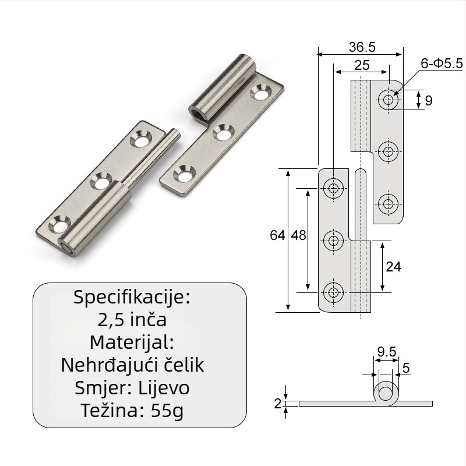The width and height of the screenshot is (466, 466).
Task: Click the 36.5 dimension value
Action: [x=362, y=47]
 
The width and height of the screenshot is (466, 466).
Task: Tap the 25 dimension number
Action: [x=362, y=65]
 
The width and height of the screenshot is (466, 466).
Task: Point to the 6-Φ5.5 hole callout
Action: [x=442, y=63]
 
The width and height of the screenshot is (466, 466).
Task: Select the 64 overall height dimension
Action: [x=277, y=235]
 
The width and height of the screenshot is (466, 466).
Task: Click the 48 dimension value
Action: [x=298, y=235]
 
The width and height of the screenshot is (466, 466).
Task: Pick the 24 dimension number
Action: [x=393, y=267]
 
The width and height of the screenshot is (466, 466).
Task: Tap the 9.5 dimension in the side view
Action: [x=387, y=352]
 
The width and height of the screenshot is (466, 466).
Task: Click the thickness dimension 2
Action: [x=278, y=404]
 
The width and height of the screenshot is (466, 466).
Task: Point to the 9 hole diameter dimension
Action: [x=428, y=101]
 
